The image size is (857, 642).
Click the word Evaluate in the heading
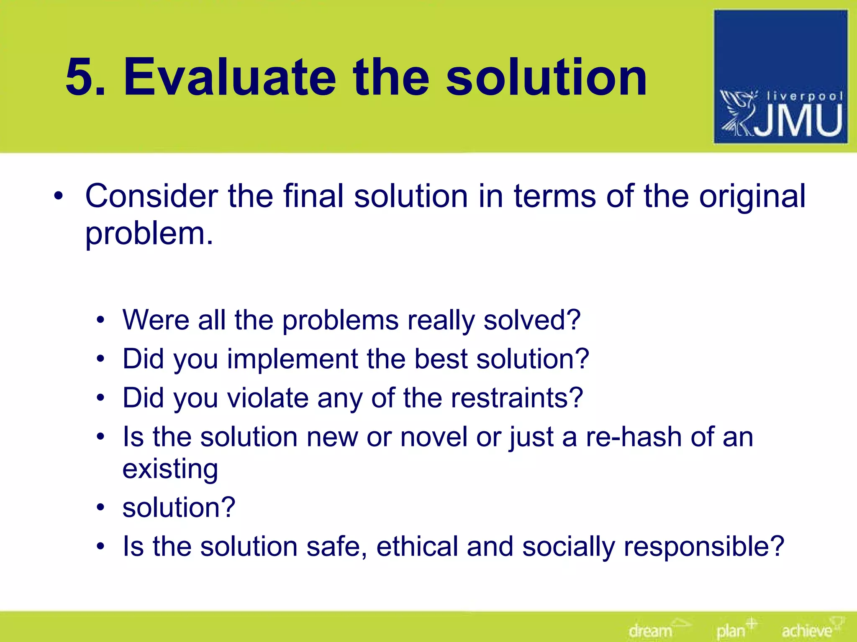click(x=229, y=78)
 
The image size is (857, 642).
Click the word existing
click(x=170, y=469)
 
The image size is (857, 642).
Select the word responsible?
click(x=703, y=547)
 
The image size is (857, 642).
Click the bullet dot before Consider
click(x=59, y=196)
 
